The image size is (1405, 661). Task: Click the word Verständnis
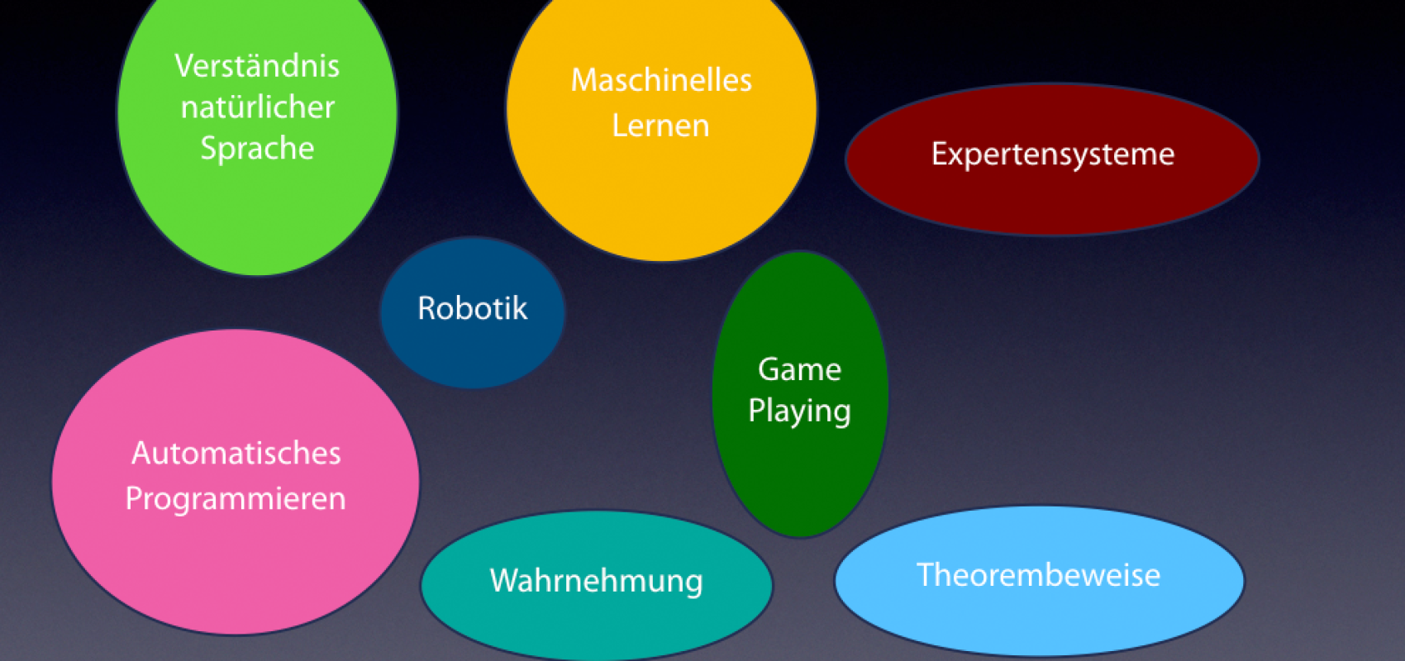tap(257, 66)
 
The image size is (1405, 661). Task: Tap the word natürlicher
tap(257, 107)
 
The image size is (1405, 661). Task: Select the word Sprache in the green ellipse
tap(257, 149)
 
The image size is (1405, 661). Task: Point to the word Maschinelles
tap(661, 80)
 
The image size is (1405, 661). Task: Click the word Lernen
tap(660, 126)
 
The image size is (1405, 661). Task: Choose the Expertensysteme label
tap(1052, 155)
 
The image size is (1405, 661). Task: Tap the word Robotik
tap(472, 308)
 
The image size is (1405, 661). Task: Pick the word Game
tap(799, 369)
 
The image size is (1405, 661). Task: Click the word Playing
tap(799, 411)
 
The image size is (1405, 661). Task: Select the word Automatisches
tap(236, 454)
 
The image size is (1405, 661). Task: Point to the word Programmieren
tap(236, 499)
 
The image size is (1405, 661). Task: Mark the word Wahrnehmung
tap(596, 581)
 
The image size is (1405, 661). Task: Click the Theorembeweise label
tap(1038, 575)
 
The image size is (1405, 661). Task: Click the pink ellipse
tap(236, 562)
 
